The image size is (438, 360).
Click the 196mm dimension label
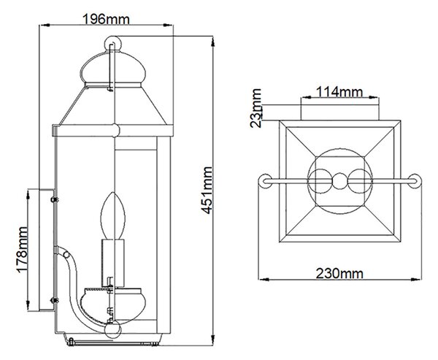(x=106, y=19)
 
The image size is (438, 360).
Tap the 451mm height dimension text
(x=207, y=191)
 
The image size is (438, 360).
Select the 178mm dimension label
(x=22, y=249)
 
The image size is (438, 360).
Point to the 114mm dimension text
(x=339, y=91)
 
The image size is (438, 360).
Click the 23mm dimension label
(x=255, y=108)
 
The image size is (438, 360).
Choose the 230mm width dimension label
(x=339, y=273)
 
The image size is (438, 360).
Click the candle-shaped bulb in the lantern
(x=113, y=215)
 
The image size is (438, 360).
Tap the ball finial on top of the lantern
(x=113, y=44)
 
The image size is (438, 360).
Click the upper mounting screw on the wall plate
(x=54, y=199)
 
